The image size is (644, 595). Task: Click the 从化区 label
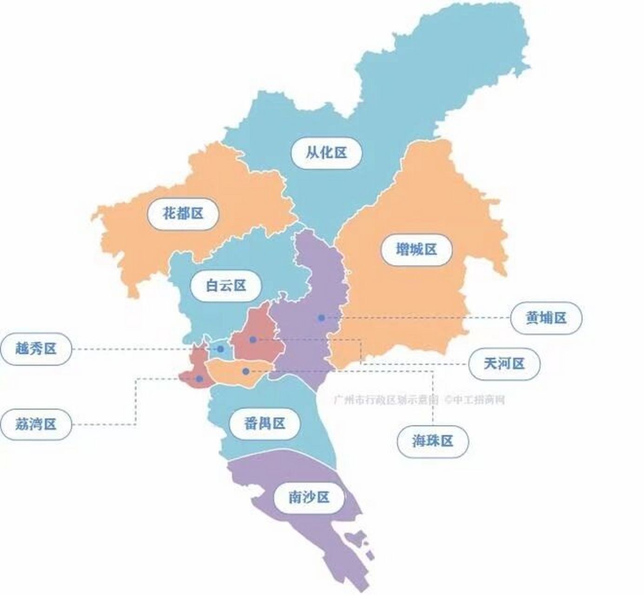coord(326,152)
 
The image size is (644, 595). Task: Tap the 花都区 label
coord(183,213)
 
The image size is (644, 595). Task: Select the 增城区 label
coord(416,250)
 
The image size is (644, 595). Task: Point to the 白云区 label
coord(226,285)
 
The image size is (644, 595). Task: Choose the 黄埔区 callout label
coord(546,317)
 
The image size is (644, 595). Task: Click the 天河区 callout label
coord(505,364)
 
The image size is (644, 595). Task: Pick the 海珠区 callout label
coord(432,441)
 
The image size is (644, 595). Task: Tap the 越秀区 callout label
coord(36,348)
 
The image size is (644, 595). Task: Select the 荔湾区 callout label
coord(36,424)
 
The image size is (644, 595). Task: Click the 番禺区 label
coord(264,423)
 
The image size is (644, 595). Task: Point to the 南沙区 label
coord(309,497)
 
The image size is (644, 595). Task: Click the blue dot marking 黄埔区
coord(321,318)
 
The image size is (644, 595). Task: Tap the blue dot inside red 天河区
coord(253,340)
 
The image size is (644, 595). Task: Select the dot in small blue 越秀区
coord(220,349)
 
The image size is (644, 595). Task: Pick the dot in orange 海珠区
coord(246,371)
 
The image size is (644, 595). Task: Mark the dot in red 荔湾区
coord(199,379)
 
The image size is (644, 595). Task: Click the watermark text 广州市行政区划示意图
coord(386,399)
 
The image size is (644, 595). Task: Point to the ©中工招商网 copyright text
coord(474,399)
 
